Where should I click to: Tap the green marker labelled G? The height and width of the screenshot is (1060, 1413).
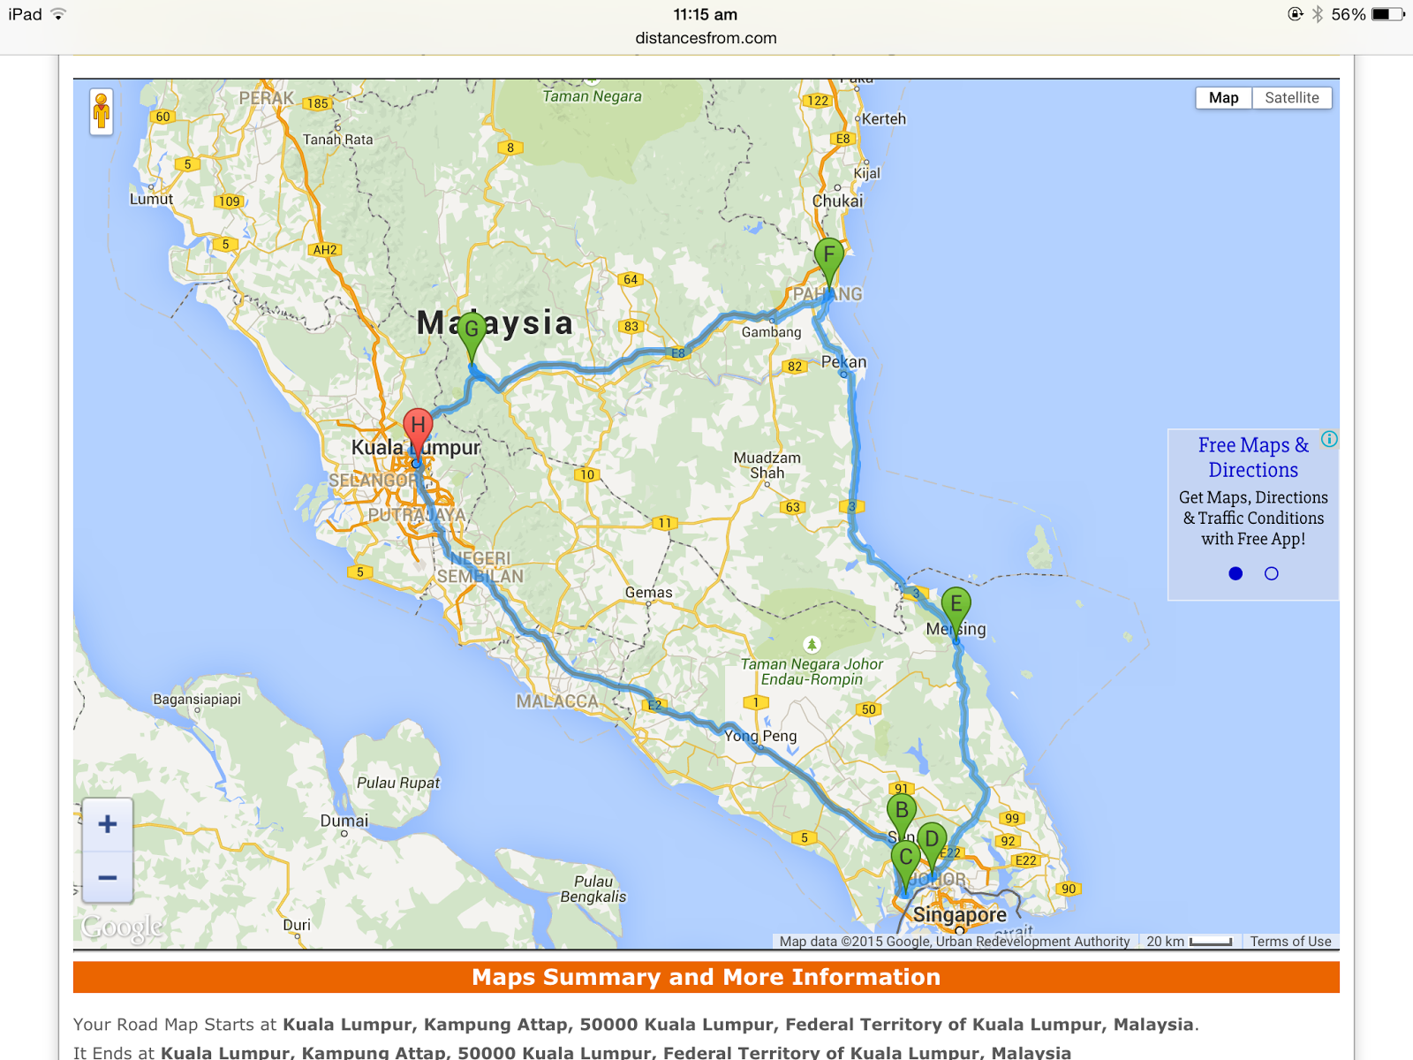coord(472,330)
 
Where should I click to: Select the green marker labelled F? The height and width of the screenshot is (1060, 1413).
coord(828,256)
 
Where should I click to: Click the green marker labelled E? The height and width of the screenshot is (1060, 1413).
coord(956,605)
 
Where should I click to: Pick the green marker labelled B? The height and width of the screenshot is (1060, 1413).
coord(901,810)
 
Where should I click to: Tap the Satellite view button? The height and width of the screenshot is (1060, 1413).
coord(1291,98)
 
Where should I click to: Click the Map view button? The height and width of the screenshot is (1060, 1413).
coord(1223,98)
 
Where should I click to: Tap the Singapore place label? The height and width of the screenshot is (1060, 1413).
coord(959,914)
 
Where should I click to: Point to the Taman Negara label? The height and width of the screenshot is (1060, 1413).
coord(592,96)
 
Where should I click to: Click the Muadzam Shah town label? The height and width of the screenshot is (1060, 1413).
coord(767,465)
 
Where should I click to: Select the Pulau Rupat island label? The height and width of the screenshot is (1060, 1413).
coord(397,783)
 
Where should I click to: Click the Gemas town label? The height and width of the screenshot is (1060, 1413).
coord(648,593)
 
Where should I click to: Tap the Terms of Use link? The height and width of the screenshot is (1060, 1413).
coord(1290,942)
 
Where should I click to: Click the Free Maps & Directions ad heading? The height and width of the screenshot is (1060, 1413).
coord(1253,458)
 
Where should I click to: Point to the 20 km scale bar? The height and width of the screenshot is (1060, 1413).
coord(1189,942)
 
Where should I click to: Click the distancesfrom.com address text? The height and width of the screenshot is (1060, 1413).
coord(706,38)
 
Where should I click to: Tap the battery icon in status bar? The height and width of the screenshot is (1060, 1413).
coord(1387,14)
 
